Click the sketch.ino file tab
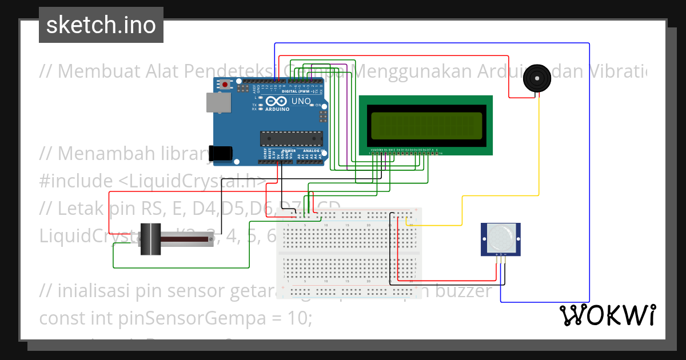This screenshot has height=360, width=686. point(101,25)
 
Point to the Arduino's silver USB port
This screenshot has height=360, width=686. point(218,103)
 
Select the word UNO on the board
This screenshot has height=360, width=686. point(301,102)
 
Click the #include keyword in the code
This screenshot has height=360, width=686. point(77,181)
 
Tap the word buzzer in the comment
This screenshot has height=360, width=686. point(464,291)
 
